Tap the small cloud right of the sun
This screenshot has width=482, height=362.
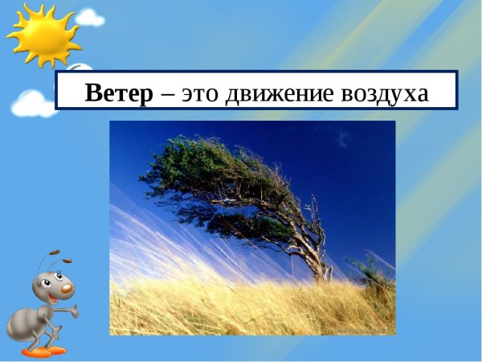[89, 17]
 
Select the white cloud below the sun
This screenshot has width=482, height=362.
[33, 102]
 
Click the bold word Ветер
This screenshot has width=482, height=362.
[119, 93]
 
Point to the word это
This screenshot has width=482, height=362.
[202, 94]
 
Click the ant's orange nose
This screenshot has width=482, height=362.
[67, 288]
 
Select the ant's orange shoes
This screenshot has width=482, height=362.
[44, 351]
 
